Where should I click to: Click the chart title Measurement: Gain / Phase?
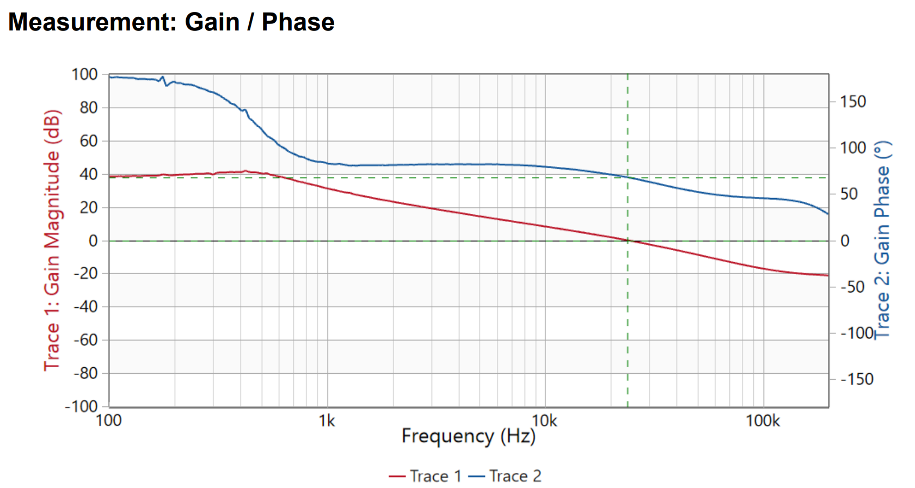coord(171,22)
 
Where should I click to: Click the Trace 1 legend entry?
coord(425,476)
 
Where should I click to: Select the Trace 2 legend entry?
coord(505,476)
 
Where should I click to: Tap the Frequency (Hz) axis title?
coord(468,436)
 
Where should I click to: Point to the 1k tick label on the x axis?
coord(327,421)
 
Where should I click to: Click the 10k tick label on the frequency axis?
coord(544,421)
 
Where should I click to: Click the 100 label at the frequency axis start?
coord(108,421)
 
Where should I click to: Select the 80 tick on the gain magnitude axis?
coord(88,108)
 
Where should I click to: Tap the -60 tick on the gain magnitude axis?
coord(85,340)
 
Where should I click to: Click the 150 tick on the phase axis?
coord(852,102)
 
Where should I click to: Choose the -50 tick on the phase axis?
coord(852,287)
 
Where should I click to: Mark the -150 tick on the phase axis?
coord(856,379)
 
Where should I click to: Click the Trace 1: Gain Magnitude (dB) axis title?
coord(52,240)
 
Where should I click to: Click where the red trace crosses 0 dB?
coord(628,240)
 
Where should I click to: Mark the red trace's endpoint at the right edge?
coord(828,275)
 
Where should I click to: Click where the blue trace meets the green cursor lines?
coord(628,177)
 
